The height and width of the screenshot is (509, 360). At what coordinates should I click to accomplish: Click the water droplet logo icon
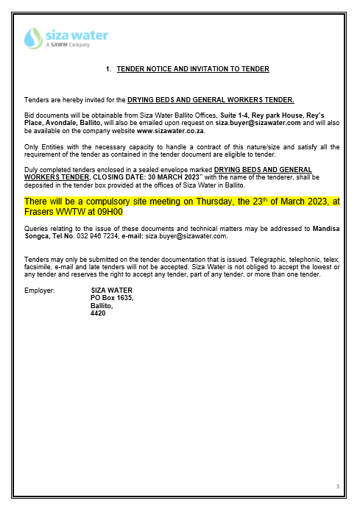(34, 38)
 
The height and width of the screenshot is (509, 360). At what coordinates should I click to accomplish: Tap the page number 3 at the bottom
(336, 486)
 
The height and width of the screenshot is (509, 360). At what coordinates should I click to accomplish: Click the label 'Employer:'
(39, 291)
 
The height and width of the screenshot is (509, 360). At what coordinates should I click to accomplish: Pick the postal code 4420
(98, 313)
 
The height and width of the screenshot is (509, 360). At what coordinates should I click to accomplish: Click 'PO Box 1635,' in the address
(111, 298)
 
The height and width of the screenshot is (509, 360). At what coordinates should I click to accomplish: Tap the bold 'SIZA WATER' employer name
(111, 291)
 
